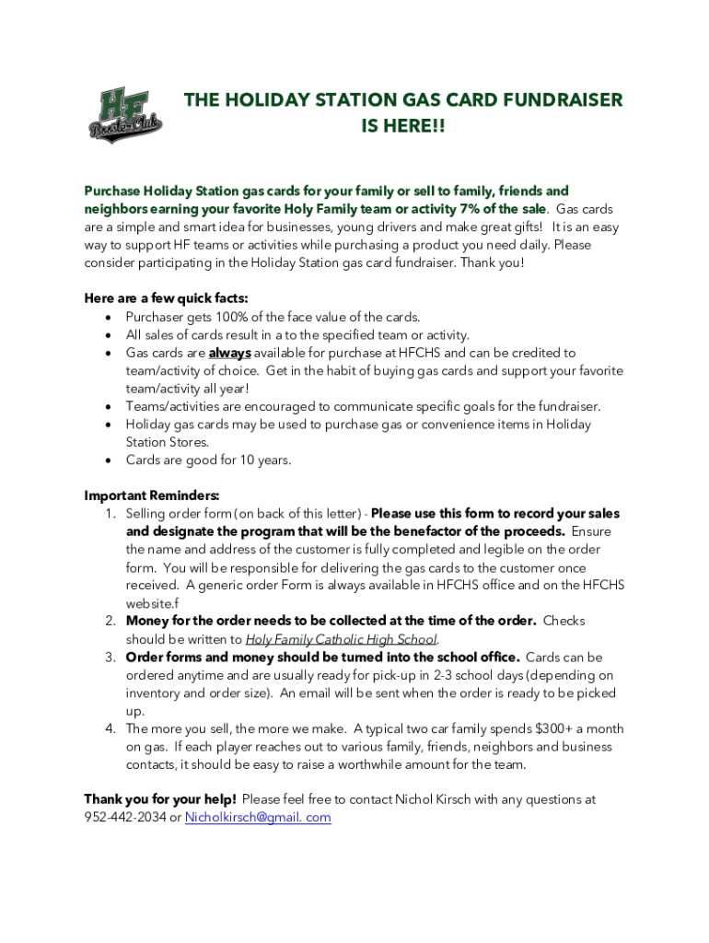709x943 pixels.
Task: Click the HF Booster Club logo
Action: point(125,116)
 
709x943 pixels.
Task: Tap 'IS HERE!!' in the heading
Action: point(401,125)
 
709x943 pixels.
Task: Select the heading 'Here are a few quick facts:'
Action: point(166,298)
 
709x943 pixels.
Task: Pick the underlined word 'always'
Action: point(229,353)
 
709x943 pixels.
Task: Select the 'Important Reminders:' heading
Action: point(151,495)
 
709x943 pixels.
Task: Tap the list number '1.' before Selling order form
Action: point(110,514)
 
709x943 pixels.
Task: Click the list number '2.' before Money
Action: point(110,622)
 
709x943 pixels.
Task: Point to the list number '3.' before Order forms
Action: point(110,658)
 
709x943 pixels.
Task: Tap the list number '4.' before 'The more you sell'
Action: point(110,729)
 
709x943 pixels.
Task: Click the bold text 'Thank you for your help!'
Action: point(160,799)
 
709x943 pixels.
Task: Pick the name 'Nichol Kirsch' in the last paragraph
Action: point(434,799)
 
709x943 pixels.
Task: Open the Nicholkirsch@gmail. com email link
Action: point(258,818)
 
